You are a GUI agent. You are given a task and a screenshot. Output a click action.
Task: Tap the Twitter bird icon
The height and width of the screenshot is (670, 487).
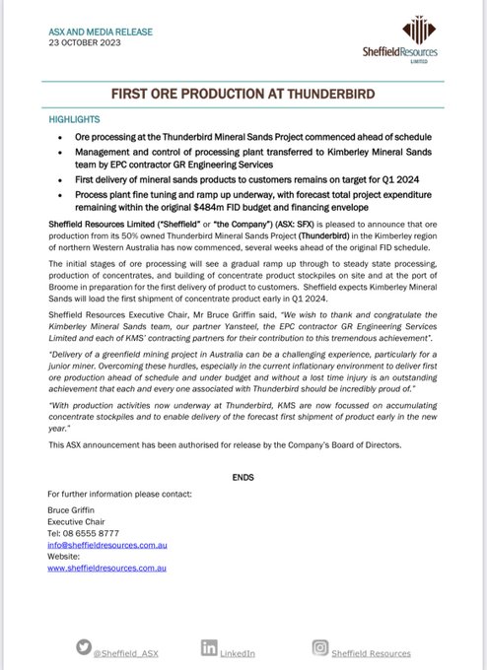[84, 646]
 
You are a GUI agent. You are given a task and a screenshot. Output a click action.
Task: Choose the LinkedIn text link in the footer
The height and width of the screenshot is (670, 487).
[238, 652]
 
